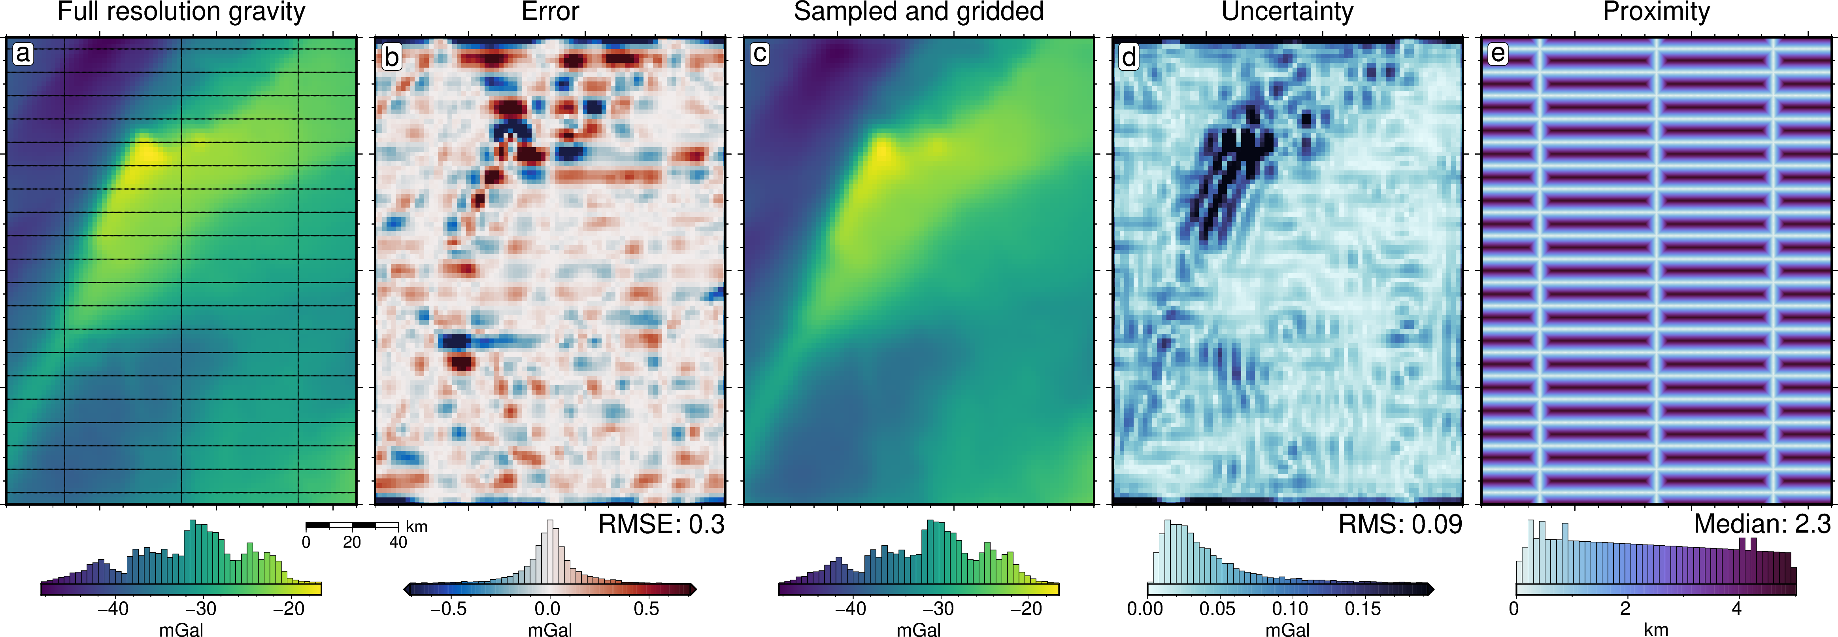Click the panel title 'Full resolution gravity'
[181, 12]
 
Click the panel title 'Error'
[550, 12]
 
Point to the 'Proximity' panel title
[1656, 12]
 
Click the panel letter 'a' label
[23, 53]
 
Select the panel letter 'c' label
[760, 53]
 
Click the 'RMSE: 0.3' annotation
[661, 525]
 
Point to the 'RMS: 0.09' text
[1400, 525]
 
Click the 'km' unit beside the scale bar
[417, 527]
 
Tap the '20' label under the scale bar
[352, 543]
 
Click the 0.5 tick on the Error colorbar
[646, 609]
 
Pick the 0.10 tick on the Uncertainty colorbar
[1290, 609]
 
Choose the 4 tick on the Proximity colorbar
[1737, 609]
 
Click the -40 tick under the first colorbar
[113, 609]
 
